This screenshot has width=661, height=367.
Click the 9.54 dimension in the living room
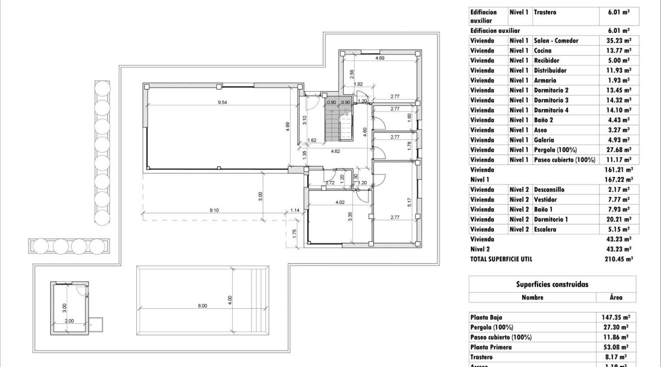(x=222, y=102)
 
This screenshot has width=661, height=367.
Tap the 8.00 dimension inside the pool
(x=202, y=306)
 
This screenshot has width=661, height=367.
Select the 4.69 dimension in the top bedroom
(x=380, y=58)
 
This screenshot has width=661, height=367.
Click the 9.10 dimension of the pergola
(x=214, y=210)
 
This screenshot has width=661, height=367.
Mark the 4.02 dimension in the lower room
(x=340, y=202)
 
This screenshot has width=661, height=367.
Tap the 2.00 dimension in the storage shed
(x=69, y=321)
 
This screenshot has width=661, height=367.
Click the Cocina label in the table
(x=543, y=50)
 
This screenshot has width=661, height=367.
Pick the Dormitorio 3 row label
(x=551, y=100)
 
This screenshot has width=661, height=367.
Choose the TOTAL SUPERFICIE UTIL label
(x=501, y=259)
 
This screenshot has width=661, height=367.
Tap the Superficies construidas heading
(x=552, y=284)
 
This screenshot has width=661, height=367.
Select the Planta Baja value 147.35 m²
(x=616, y=317)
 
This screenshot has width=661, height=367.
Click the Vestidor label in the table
(x=545, y=200)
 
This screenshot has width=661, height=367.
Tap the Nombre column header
(x=532, y=297)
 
